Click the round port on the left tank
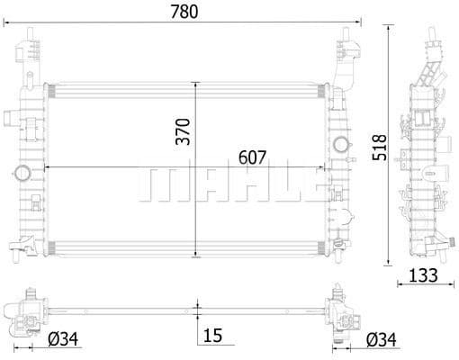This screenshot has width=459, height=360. pos(22,171)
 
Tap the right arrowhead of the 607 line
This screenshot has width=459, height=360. pos(324,168)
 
